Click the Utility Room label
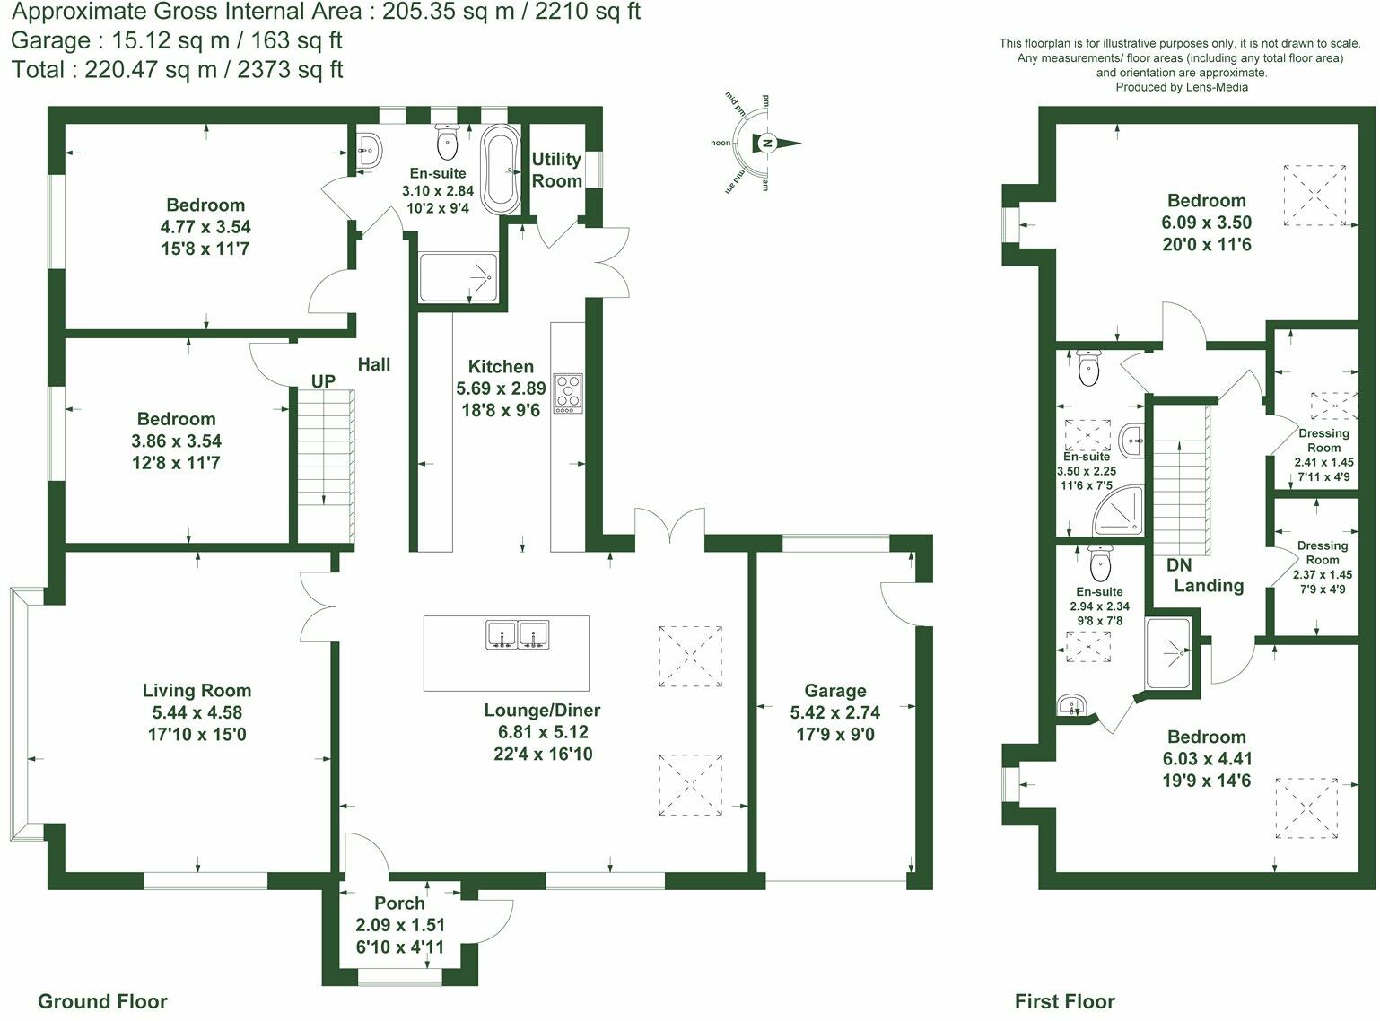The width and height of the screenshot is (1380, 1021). [556, 170]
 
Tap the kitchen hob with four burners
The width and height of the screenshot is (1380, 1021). [568, 393]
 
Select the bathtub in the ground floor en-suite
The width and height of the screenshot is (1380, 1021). [501, 169]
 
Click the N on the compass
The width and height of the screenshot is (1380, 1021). [767, 144]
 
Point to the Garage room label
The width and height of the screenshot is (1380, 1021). [835, 691]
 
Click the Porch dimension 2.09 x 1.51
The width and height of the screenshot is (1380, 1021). [400, 925]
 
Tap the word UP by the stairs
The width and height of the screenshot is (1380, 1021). [323, 380]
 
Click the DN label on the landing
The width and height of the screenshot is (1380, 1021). [1178, 565]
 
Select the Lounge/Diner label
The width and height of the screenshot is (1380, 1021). [542, 710]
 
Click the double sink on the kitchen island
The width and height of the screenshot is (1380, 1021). [517, 634]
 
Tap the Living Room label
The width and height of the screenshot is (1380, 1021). [197, 690]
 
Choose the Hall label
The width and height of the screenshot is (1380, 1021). [374, 364]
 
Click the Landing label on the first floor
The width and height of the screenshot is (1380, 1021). [1209, 586]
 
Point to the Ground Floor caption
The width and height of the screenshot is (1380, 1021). [102, 1001]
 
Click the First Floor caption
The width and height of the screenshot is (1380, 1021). [1064, 1001]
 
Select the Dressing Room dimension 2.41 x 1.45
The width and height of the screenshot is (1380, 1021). [1324, 462]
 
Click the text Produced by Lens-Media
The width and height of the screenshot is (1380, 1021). [1182, 87]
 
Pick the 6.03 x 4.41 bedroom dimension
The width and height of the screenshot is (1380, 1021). [1207, 758]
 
